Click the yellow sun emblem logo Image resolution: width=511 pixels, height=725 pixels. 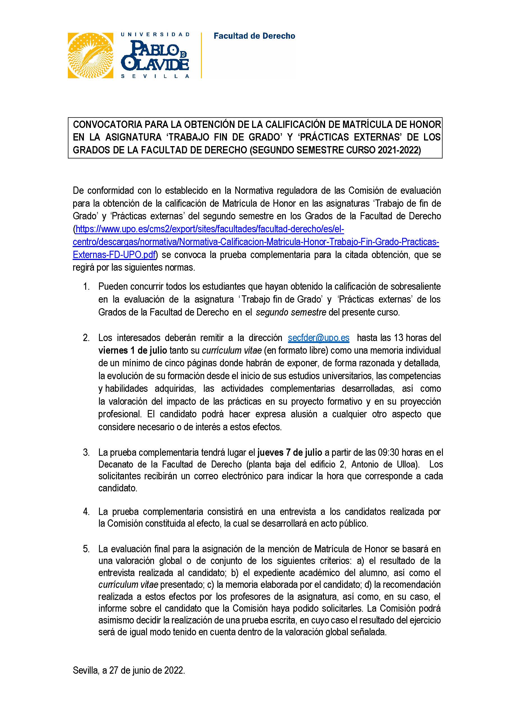tap(90, 55)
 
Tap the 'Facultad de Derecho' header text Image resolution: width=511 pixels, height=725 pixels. tap(254, 36)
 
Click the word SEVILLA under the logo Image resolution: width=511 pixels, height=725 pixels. tap(155, 76)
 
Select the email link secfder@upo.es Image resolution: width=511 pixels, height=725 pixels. tap(318, 338)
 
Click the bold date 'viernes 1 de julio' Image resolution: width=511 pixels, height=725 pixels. tap(132, 351)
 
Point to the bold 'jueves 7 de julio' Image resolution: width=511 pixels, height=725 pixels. tap(290, 452)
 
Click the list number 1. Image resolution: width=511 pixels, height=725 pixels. tap(86, 286)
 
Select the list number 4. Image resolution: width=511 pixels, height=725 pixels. tap(86, 512)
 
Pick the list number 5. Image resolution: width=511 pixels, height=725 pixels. tap(86, 549)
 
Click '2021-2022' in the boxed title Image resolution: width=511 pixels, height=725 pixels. tap(399, 150)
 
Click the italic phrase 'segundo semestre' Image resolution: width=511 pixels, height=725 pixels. tap(291, 312)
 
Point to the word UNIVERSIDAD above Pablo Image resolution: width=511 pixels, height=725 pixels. tap(155, 34)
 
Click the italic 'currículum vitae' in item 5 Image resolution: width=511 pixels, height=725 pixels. tap(128, 584)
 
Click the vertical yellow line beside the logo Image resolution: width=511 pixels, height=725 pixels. tap(201, 55)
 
